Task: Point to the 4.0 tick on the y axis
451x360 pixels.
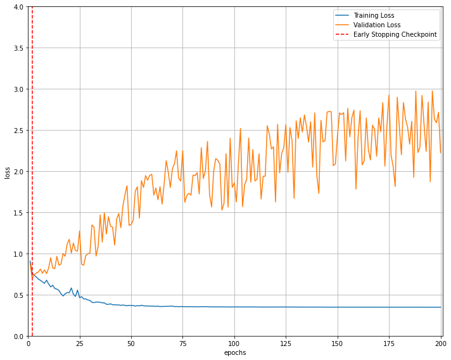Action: (19, 7)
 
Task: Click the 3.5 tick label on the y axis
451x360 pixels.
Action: (19, 48)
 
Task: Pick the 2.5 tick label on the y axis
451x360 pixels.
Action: (19, 131)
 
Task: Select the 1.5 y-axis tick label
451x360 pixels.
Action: (19, 213)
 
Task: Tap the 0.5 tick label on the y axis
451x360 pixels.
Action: (19, 295)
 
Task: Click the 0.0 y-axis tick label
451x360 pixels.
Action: (19, 337)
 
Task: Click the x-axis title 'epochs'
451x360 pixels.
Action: (235, 353)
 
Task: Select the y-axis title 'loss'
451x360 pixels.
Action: (7, 172)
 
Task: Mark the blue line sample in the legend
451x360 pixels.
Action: (343, 15)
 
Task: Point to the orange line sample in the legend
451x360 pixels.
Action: (343, 25)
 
